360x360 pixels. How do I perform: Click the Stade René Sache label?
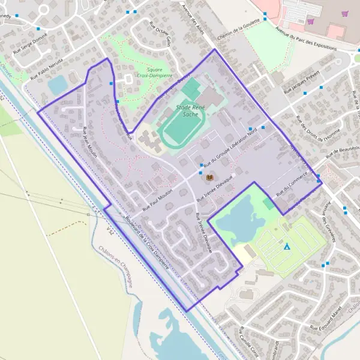pyautogui.click(x=191, y=110)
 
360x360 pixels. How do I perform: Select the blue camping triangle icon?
pyautogui.click(x=287, y=246)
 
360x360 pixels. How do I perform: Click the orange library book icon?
pyautogui.click(x=209, y=178)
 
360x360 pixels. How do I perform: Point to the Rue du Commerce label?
pyautogui.click(x=292, y=190)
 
